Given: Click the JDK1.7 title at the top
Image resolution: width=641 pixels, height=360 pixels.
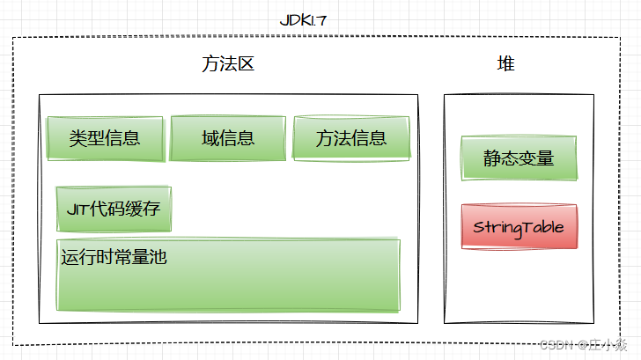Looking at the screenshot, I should [304, 20].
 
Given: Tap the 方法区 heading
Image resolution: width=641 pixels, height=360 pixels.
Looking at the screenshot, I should [228, 64].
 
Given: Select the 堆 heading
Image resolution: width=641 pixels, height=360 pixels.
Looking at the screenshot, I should [506, 64].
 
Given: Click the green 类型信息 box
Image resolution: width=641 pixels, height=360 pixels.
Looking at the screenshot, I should [105, 138].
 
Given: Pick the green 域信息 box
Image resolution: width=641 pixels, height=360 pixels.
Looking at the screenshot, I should [228, 138].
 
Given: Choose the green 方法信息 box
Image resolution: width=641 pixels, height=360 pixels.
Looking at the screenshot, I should [351, 138].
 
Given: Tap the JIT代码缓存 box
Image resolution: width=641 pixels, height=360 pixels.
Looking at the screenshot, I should [114, 209].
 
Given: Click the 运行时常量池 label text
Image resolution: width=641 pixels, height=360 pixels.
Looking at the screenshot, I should [114, 258].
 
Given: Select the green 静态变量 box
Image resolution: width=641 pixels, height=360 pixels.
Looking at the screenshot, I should [519, 158].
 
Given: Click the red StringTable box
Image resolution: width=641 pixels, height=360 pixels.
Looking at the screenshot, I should [519, 227].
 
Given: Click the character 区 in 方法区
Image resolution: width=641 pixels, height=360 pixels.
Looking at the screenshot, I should [246, 64].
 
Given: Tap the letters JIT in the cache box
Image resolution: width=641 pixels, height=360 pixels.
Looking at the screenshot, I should [77, 209].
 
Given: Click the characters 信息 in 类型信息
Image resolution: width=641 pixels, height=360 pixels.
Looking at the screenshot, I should [122, 138].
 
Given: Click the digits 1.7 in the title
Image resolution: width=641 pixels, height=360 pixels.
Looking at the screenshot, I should [318, 20].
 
